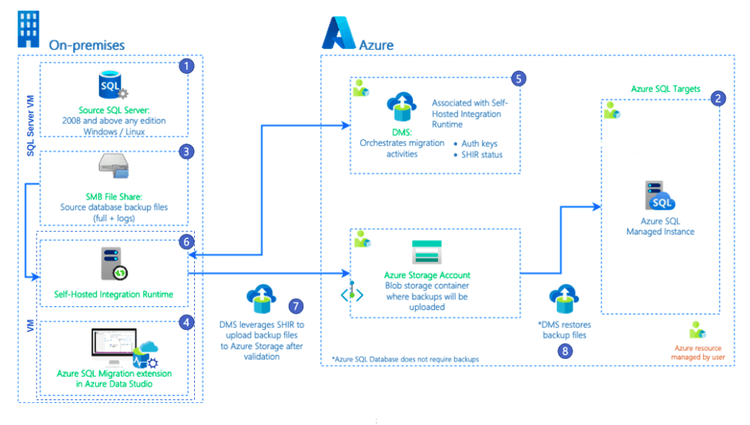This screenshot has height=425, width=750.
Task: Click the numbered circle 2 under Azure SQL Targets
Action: (719, 98)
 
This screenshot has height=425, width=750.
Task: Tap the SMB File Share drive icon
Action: (113, 169)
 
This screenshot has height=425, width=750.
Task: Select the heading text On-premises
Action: (86, 45)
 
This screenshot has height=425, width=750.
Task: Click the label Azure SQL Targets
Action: (666, 89)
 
